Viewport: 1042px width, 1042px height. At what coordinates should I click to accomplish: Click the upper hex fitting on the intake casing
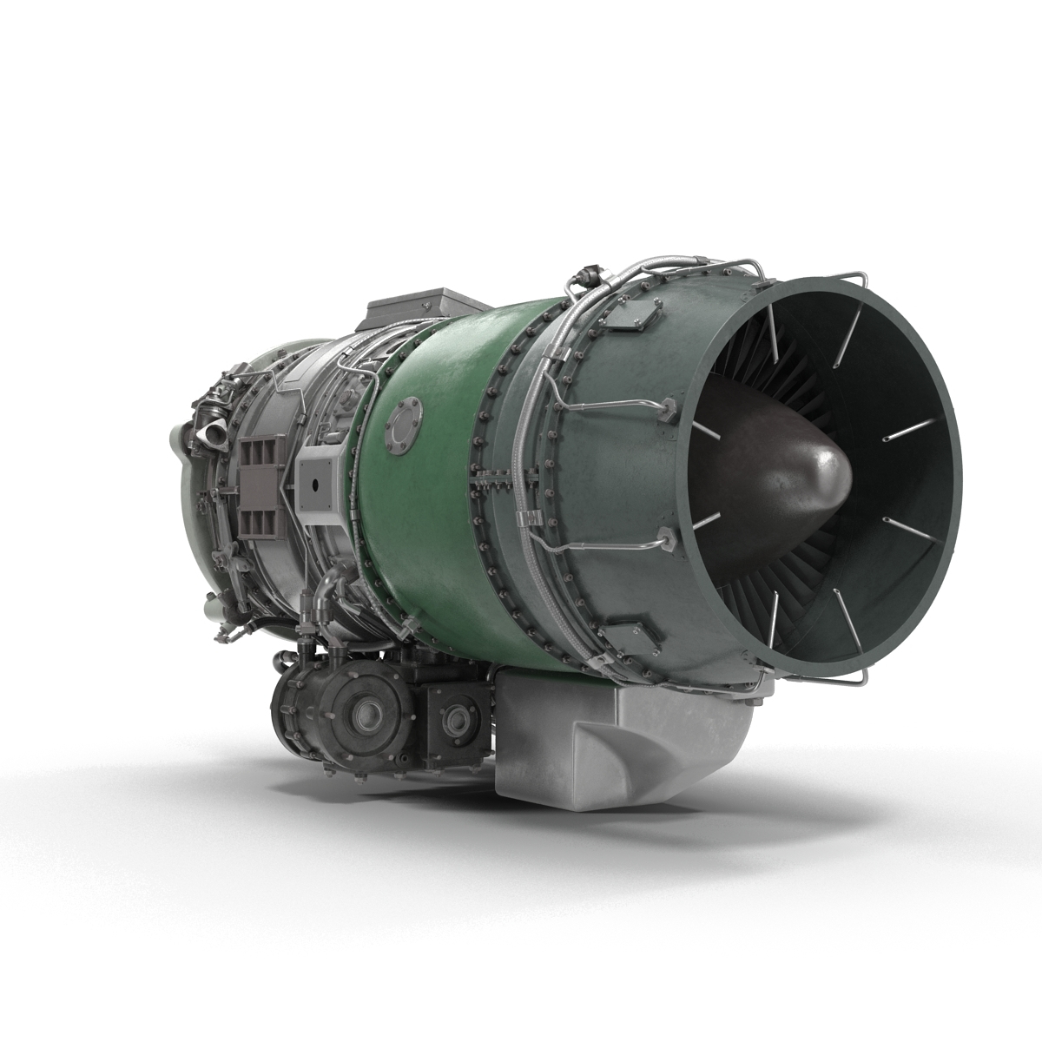(669, 406)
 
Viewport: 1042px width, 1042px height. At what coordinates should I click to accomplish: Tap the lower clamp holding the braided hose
(525, 519)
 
